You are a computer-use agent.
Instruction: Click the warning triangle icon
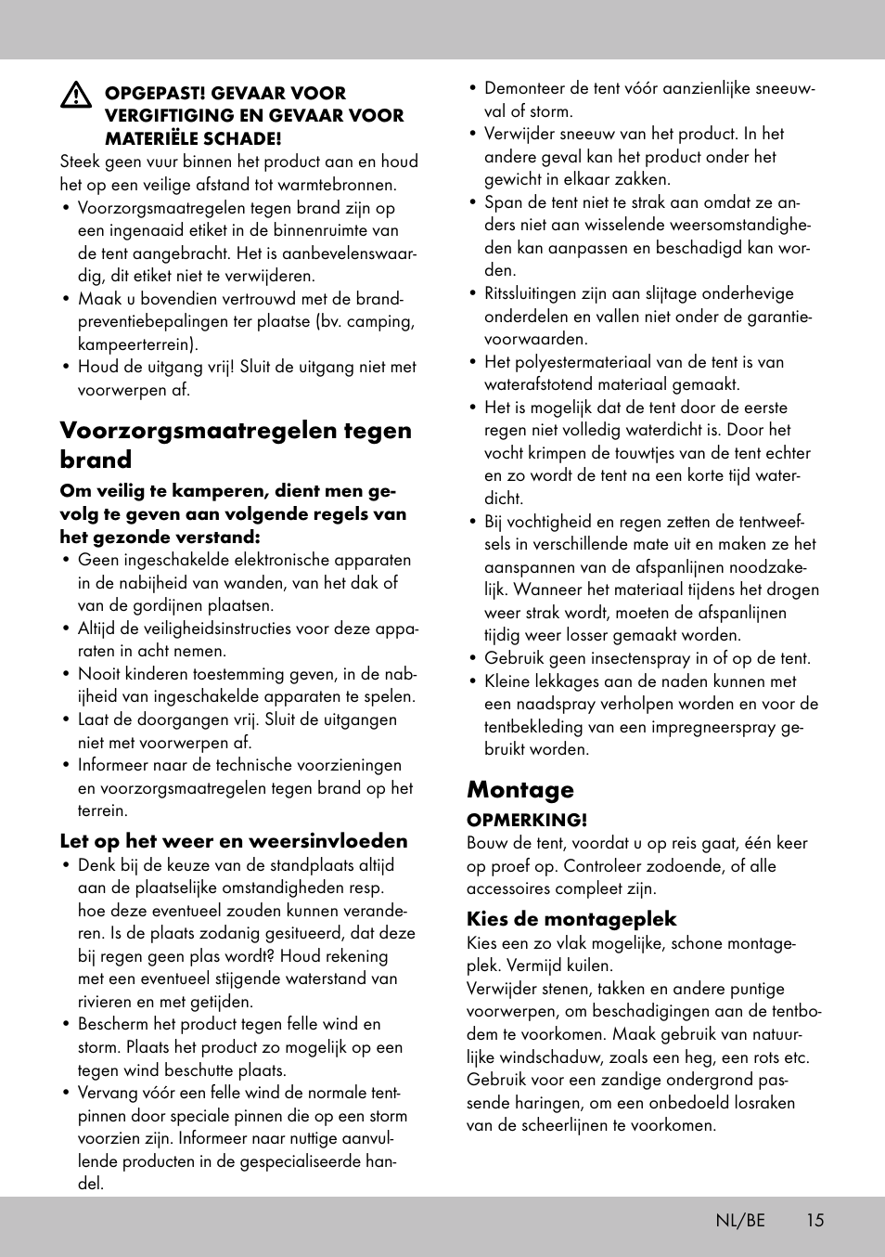76,95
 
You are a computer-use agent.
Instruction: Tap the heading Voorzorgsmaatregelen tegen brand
236,445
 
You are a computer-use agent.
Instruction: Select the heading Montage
520,789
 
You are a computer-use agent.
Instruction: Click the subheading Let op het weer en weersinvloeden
234,841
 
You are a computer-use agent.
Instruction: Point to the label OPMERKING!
527,820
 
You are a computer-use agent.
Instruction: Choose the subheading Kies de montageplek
571,919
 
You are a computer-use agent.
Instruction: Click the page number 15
814,1220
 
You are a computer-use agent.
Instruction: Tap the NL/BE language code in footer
739,1220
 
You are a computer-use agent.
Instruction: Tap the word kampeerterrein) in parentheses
138,344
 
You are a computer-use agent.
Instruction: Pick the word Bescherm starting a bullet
112,1024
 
